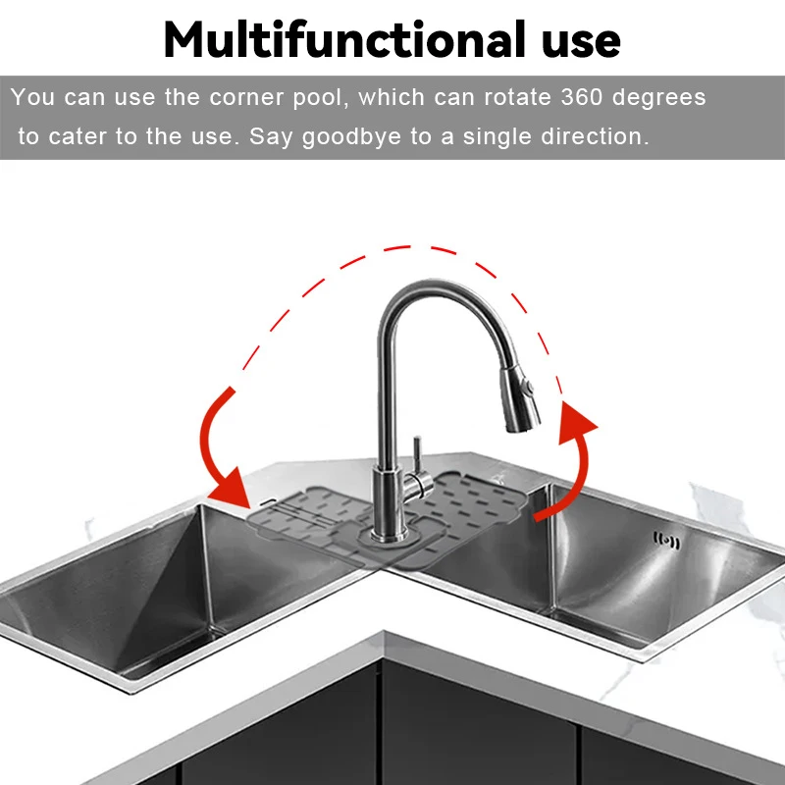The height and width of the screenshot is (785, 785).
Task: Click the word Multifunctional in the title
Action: tap(345, 39)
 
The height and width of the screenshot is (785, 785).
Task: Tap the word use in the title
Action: tap(581, 43)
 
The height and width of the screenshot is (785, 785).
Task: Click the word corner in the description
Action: tap(246, 97)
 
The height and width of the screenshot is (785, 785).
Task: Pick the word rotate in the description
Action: tap(518, 97)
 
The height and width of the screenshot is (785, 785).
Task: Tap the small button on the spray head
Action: tap(528, 386)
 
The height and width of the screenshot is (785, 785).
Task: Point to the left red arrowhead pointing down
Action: tap(233, 487)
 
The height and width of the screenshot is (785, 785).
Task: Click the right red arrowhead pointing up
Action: tap(577, 422)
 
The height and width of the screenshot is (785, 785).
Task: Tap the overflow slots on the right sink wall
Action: tap(667, 541)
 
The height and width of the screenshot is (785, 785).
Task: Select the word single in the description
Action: tap(497, 137)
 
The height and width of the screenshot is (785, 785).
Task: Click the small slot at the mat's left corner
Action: tap(267, 501)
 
